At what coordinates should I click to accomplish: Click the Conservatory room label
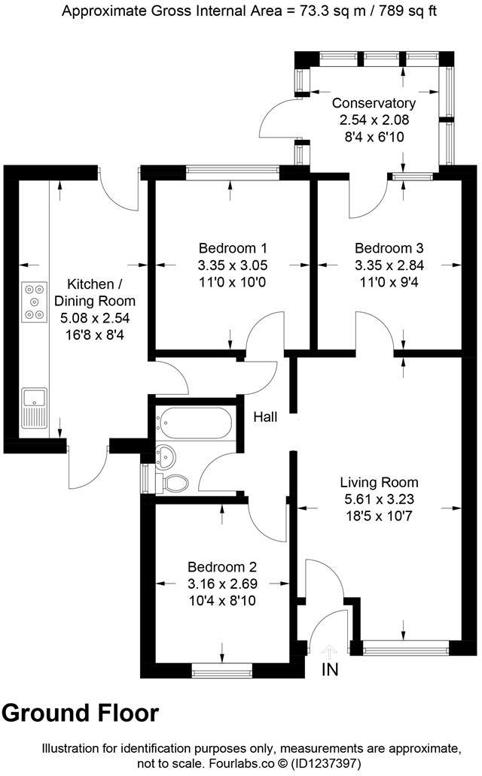click(374, 103)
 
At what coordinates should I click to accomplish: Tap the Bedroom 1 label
click(233, 248)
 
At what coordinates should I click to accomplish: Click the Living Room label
click(379, 482)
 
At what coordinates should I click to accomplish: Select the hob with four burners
click(34, 301)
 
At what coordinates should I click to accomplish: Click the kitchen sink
click(34, 408)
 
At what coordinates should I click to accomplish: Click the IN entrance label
click(330, 668)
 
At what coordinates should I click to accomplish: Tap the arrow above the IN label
click(330, 650)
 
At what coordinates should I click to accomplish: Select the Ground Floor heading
click(81, 713)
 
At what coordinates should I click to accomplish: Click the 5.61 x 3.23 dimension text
click(379, 499)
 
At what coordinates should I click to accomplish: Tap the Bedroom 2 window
click(221, 668)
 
